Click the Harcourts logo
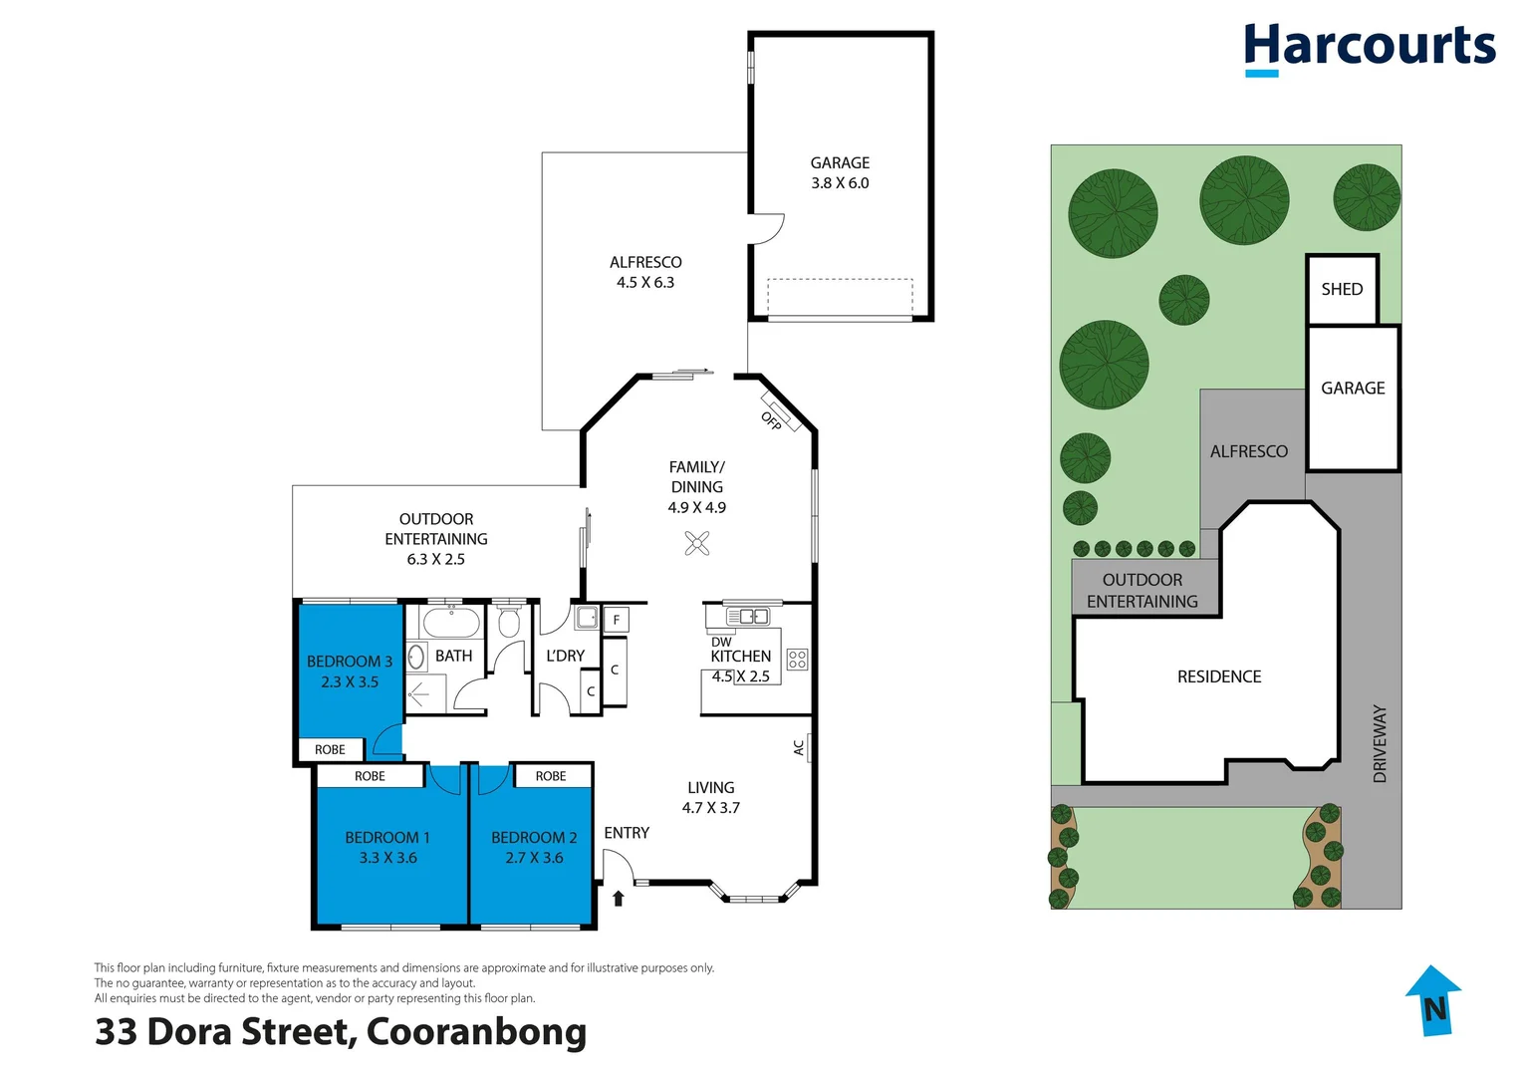coord(1369,48)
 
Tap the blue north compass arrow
coord(1433,1000)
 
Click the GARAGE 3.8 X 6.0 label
coord(840,172)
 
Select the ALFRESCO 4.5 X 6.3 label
coord(645,272)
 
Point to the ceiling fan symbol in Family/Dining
coord(697,543)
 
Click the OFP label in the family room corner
coord(772,420)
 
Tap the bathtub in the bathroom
coord(451,624)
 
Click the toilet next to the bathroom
coord(509,622)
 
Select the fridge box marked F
coord(616,620)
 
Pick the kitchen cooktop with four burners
coord(797,659)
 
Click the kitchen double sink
coord(747,617)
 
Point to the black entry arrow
coord(618,899)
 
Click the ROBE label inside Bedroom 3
coord(330,749)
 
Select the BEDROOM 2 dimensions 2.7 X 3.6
coord(534,858)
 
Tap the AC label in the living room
coord(799,747)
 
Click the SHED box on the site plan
coord(1342,289)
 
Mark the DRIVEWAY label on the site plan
coord(1380,743)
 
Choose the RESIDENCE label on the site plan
coord(1219,676)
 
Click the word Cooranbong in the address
coord(476,1031)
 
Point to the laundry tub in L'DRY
coord(587,618)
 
